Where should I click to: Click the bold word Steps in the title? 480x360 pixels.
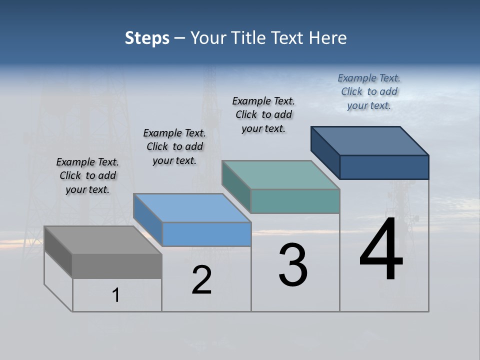coord(147,38)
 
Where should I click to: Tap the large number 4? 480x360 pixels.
coord(381,250)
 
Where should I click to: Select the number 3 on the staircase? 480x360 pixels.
coord(293,265)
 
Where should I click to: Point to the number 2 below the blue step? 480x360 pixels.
coord(202,280)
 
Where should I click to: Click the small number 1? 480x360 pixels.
coord(116,295)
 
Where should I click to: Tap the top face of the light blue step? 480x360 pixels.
coord(191,207)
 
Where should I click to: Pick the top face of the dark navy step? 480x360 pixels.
coord(369,140)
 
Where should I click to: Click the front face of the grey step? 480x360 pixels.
coord(117,266)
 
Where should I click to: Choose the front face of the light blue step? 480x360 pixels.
coord(206,234)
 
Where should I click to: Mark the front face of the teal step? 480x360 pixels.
coord(295,201)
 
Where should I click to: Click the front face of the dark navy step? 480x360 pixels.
coord(384,167)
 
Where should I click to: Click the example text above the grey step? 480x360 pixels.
coord(87,176)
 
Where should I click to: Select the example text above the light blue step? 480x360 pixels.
coord(174,147)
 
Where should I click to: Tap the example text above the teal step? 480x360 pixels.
coord(263,114)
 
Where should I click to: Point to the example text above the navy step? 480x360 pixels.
coord(369,91)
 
